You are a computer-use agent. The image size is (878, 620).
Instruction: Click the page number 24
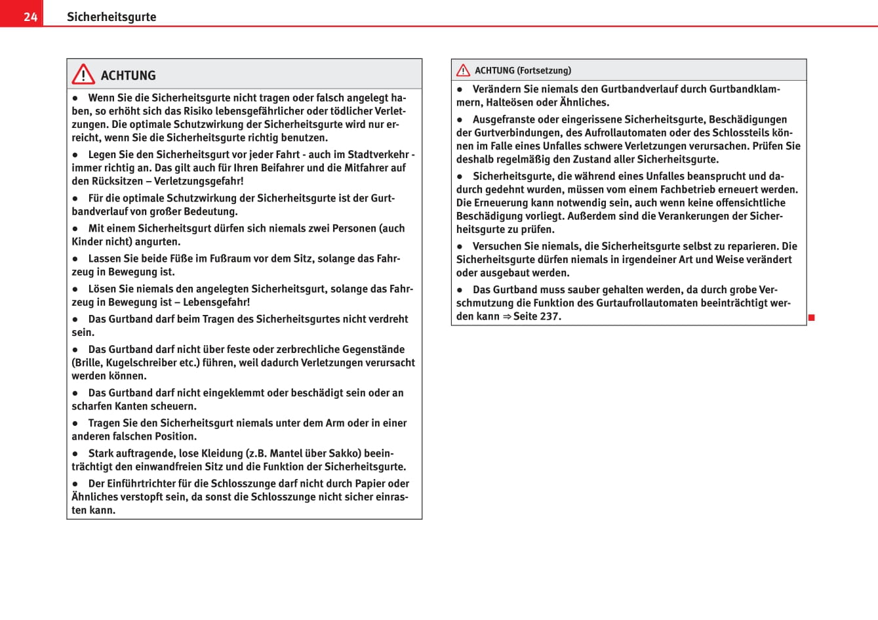pos(30,17)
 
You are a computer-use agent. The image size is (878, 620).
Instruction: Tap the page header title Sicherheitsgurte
pos(111,17)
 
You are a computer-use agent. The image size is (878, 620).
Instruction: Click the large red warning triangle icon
pos(83,74)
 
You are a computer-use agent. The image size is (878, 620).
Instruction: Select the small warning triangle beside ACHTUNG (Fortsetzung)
pos(463,70)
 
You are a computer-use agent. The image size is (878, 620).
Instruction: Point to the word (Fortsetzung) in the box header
pos(544,71)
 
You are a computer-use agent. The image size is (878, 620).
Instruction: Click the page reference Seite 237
pos(536,316)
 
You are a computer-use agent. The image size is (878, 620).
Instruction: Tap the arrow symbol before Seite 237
pos(507,316)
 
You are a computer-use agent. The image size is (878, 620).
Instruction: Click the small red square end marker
pos(811,318)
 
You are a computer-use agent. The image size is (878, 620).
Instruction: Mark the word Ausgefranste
pos(505,119)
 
